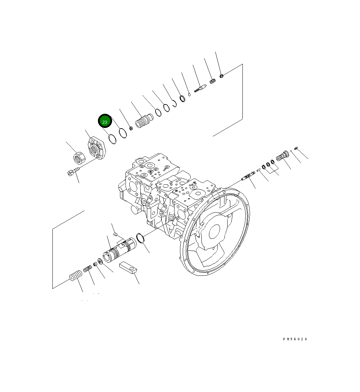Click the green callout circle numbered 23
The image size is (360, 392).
click(105, 122)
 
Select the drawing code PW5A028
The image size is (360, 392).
click(295, 339)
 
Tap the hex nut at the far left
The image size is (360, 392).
click(79, 158)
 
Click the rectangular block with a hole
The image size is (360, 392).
click(129, 267)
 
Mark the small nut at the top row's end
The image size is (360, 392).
click(222, 76)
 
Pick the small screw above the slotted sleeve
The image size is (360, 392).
click(116, 235)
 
